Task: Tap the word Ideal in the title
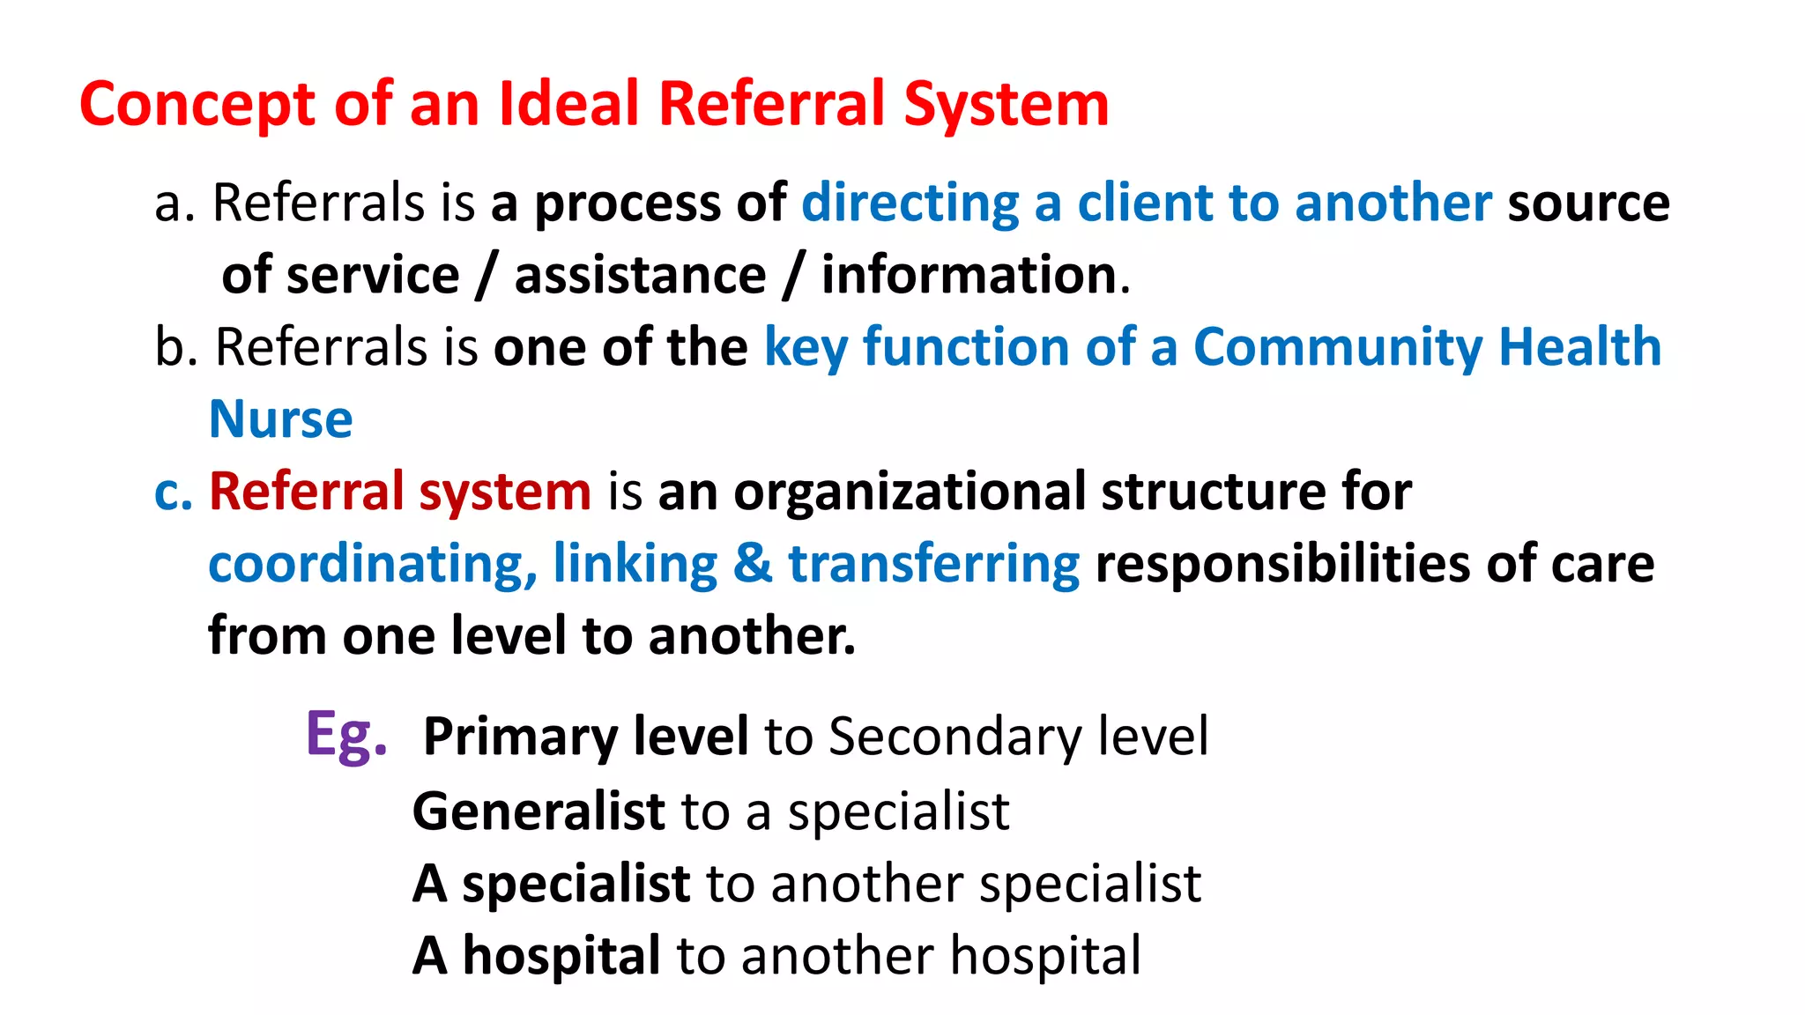568,104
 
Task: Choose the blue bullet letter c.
173,492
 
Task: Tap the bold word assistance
640,275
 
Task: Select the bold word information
969,275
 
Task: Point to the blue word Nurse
280,419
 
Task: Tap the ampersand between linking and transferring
752,564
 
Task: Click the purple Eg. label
345,735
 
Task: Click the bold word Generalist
539,811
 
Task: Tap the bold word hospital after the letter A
561,955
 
